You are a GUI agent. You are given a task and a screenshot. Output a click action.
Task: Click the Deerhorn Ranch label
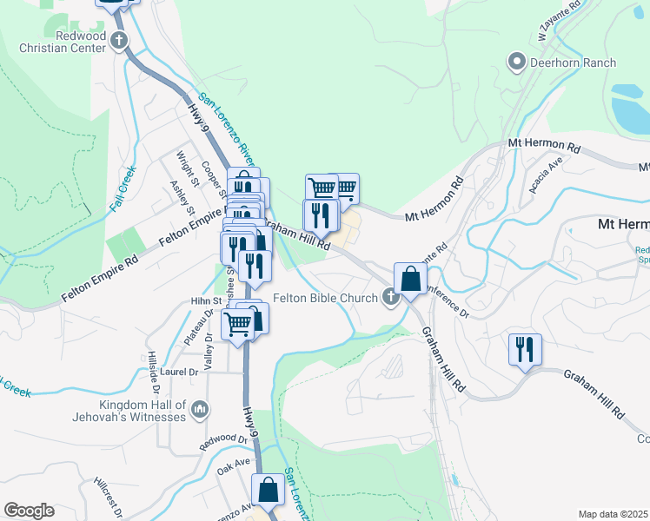pyautogui.click(x=574, y=63)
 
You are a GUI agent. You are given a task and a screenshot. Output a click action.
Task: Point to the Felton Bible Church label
pyautogui.click(x=325, y=298)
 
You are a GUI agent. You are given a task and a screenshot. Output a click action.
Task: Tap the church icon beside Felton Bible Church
pyautogui.click(x=391, y=298)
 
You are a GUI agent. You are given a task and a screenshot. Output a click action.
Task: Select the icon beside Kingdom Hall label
pyautogui.click(x=200, y=408)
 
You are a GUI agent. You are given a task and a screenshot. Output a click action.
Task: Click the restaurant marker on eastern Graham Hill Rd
pyautogui.click(x=525, y=350)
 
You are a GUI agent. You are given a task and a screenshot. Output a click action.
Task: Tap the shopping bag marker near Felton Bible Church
pyautogui.click(x=410, y=280)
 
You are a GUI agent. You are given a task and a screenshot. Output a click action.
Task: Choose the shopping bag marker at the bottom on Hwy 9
pyautogui.click(x=269, y=490)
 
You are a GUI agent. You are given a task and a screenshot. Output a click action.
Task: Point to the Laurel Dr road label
pyautogui.click(x=180, y=372)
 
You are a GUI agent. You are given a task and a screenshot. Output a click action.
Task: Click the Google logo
pyautogui.click(x=29, y=511)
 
